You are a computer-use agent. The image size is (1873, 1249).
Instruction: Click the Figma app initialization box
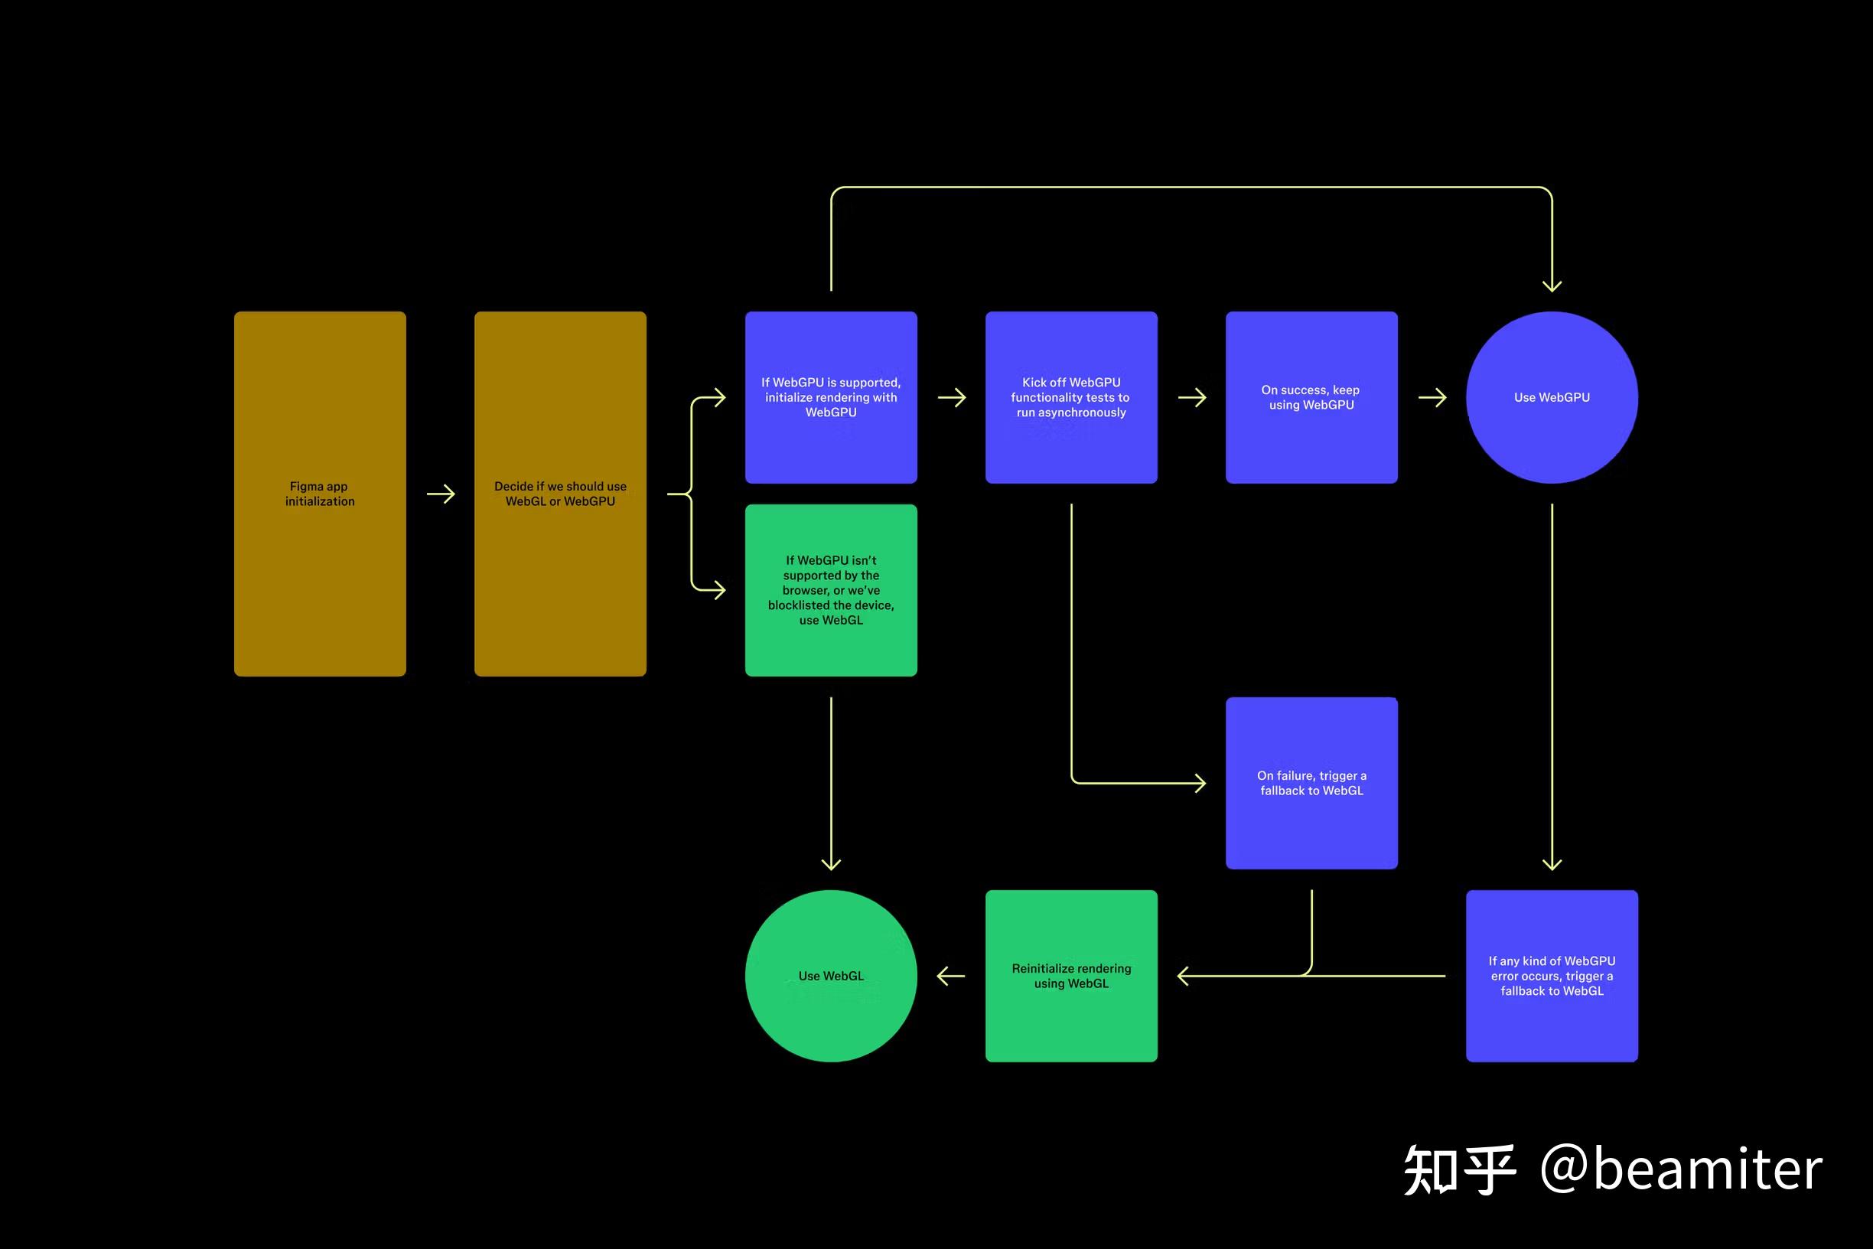[x=319, y=494]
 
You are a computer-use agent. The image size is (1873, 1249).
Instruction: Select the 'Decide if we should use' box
[x=560, y=494]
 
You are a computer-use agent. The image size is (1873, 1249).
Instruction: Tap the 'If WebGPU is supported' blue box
[x=831, y=396]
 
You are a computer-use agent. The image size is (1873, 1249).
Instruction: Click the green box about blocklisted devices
[x=831, y=590]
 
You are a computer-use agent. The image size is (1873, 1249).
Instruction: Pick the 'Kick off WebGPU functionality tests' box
[x=1071, y=396]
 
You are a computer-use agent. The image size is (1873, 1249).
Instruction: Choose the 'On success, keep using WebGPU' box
[x=1311, y=396]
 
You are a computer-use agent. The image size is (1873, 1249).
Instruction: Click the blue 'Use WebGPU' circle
[x=1552, y=396]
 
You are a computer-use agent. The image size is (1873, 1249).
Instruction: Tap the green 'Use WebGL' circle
[x=831, y=976]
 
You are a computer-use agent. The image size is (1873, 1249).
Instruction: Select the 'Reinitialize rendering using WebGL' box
[x=1071, y=976]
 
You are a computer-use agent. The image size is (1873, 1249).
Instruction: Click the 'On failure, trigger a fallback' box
[x=1311, y=783]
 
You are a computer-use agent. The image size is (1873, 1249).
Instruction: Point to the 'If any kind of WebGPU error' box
[x=1552, y=976]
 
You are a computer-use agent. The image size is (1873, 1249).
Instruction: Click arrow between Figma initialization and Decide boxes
[x=441, y=494]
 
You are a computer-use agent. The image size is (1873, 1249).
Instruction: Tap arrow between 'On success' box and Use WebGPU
[x=1432, y=396]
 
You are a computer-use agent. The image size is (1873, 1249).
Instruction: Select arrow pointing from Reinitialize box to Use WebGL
[x=951, y=976]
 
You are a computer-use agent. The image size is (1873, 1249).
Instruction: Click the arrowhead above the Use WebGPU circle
[x=1552, y=285]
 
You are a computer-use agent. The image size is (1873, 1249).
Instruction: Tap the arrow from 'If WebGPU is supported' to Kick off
[x=951, y=396]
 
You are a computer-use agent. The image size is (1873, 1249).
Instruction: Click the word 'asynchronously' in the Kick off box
[x=1081, y=413]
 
